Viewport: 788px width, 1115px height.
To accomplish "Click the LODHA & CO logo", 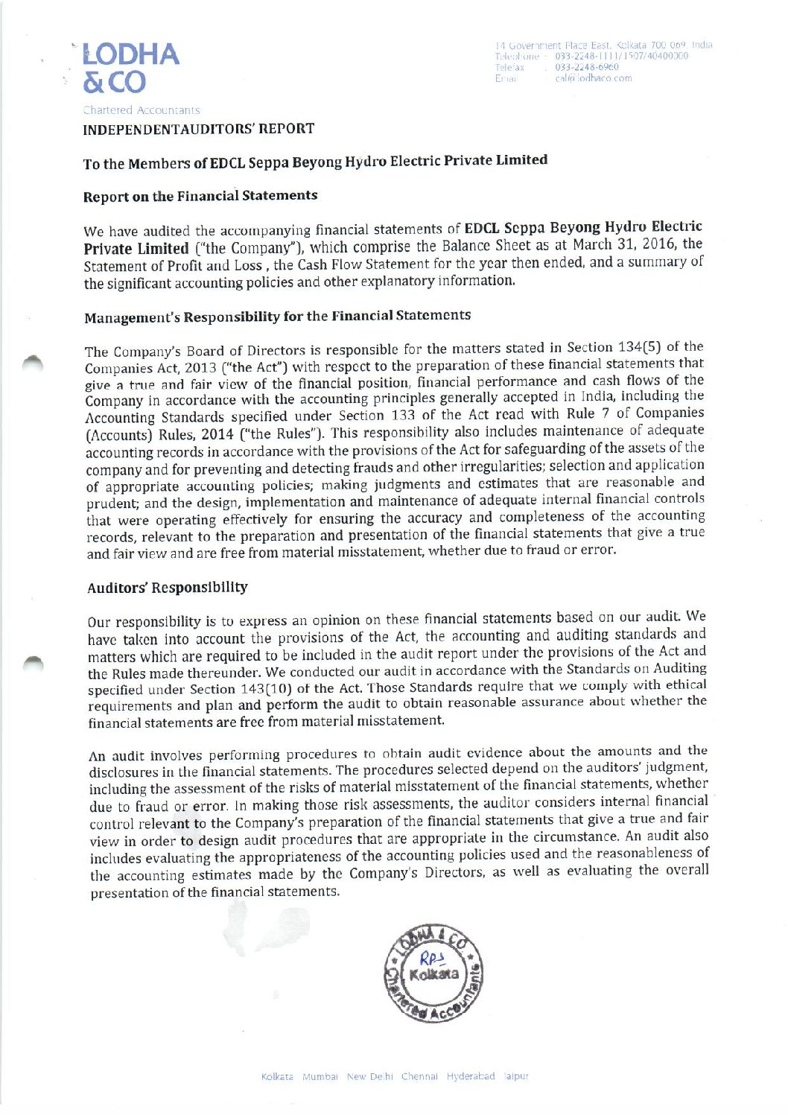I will (130, 68).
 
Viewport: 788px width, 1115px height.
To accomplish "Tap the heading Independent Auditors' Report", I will (198, 129).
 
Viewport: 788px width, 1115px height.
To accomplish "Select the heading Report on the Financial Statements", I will (200, 196).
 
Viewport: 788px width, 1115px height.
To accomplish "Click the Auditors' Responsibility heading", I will (168, 588).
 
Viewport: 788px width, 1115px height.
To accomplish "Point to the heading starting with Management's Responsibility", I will (277, 317).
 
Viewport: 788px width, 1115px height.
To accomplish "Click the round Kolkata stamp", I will (433, 973).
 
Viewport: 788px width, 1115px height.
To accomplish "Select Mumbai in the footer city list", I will (320, 1077).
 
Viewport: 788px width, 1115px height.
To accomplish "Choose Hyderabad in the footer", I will (471, 1076).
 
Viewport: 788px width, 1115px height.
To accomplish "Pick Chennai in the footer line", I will (419, 1076).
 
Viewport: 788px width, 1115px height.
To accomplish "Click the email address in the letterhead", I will (593, 78).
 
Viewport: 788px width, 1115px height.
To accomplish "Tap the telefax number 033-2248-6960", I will (586, 67).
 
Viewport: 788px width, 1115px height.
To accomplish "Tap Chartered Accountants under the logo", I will (142, 110).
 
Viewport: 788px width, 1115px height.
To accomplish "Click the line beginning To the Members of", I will (315, 162).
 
